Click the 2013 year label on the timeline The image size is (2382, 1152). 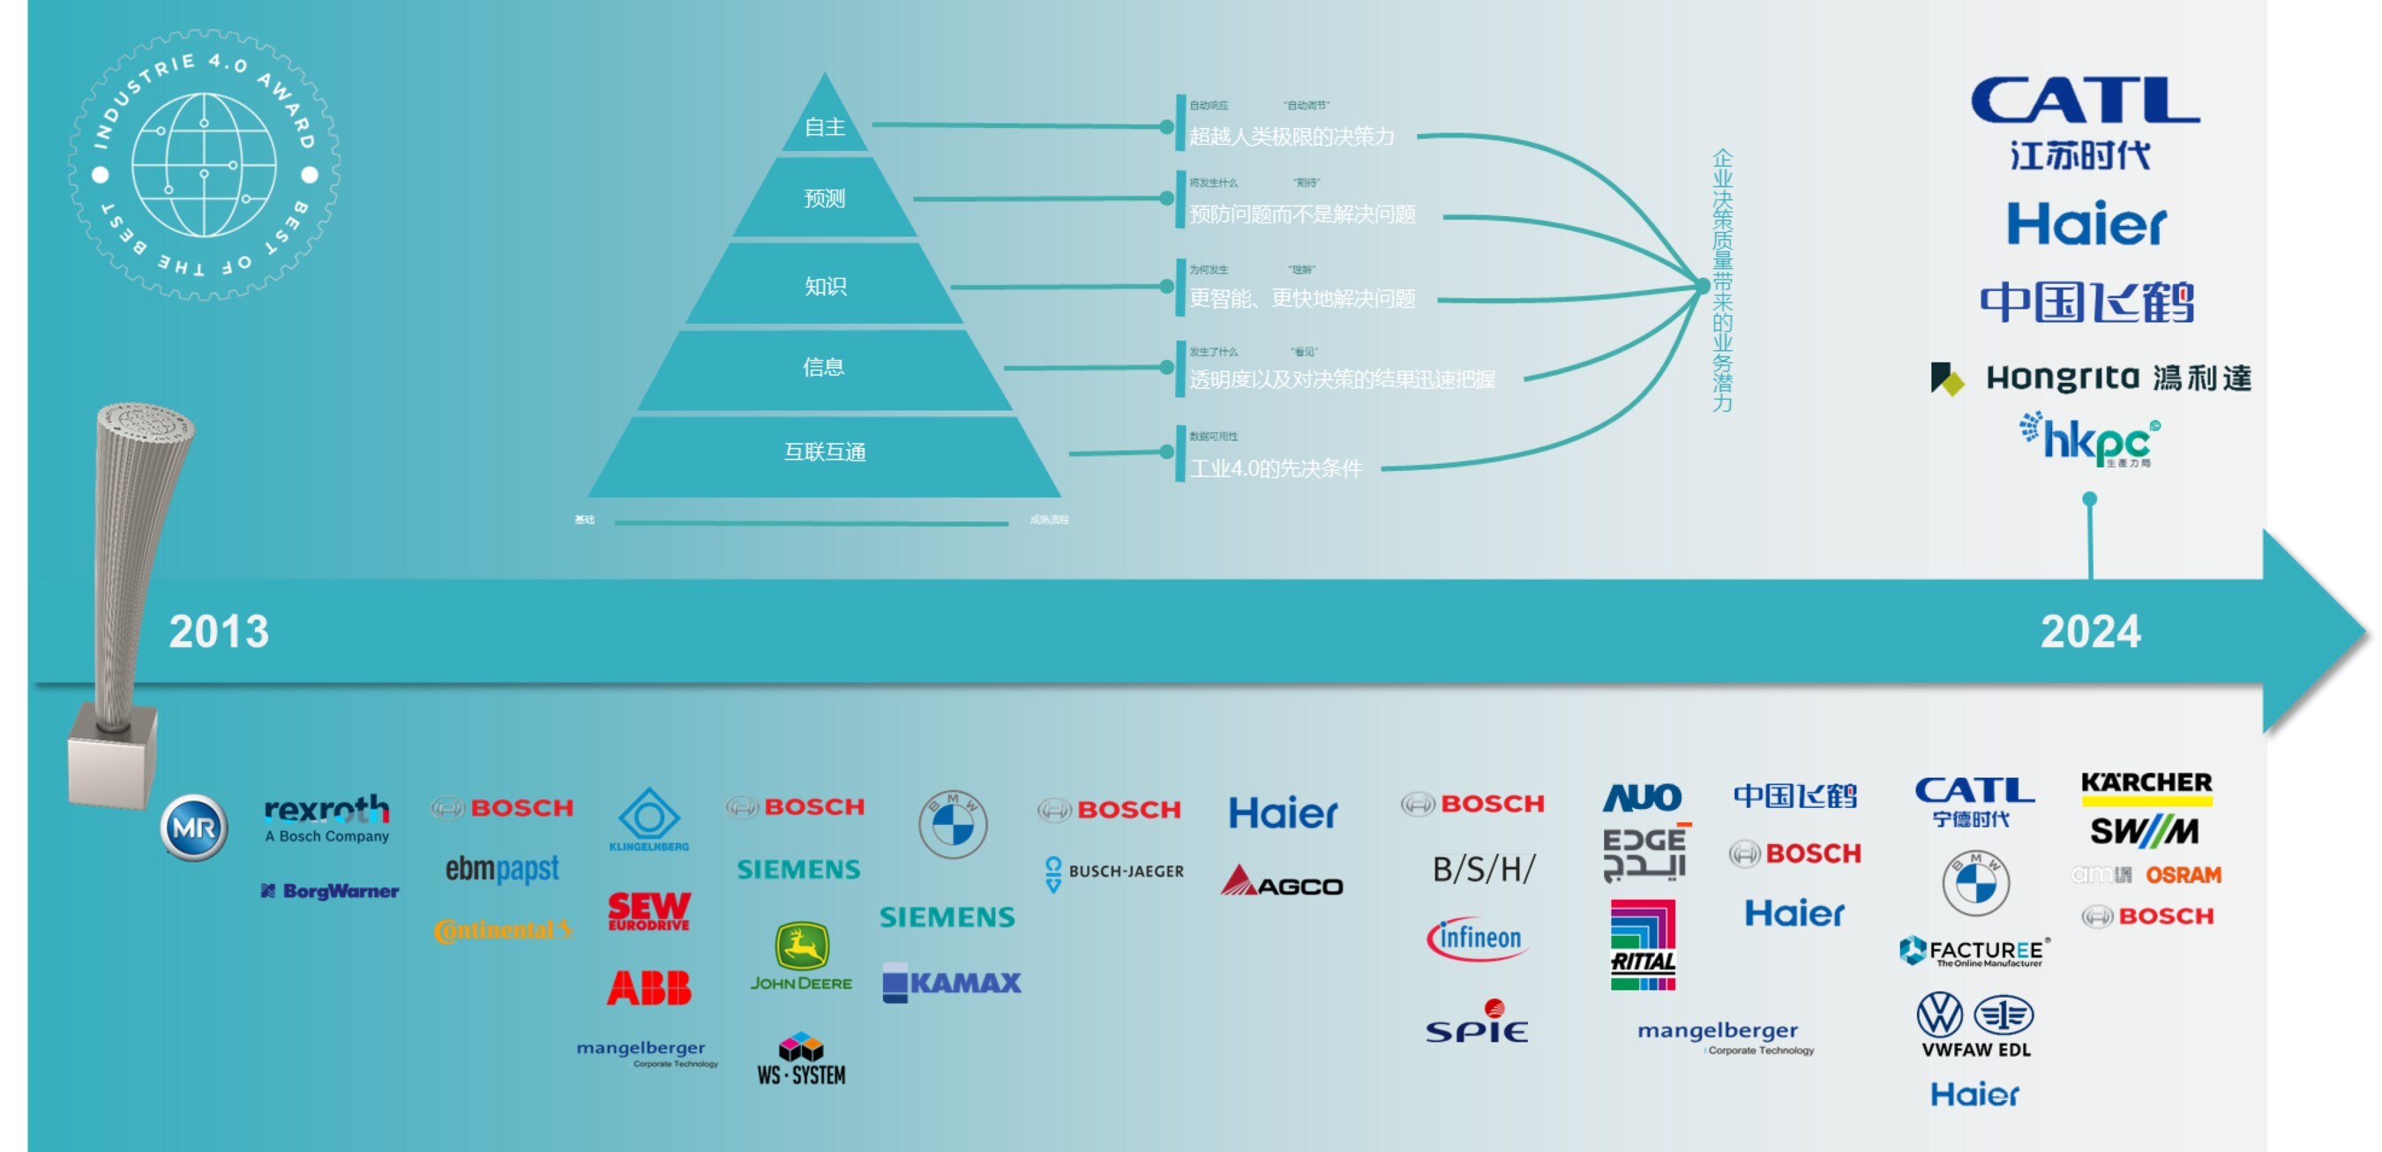coord(218,632)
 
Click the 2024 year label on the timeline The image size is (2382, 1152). coord(2090,632)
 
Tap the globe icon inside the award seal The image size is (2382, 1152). coord(204,165)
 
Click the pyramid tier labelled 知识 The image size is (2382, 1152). coord(825,286)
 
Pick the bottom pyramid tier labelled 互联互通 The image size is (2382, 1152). coord(825,453)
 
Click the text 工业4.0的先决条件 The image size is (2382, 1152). coord(1275,468)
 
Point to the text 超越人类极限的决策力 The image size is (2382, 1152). coord(1291,137)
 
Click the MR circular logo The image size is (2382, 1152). coord(193,827)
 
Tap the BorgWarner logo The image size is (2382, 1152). coord(330,891)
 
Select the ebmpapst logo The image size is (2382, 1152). coord(502,869)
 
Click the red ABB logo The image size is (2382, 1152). coord(649,987)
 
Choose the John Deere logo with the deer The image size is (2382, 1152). coord(801,957)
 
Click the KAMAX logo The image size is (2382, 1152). coord(952,982)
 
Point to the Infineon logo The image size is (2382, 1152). coord(1477,939)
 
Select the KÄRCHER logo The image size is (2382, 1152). coord(2146,785)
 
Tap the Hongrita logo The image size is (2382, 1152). coord(2090,378)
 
